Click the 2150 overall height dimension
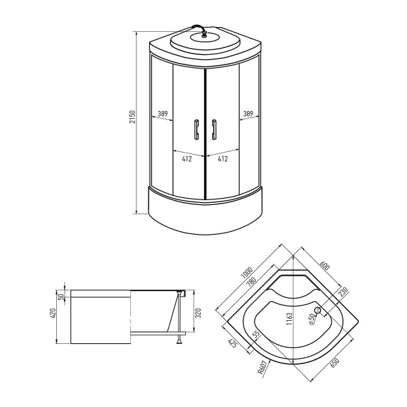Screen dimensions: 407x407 click(134, 121)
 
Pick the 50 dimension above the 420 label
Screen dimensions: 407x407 click(60, 296)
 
